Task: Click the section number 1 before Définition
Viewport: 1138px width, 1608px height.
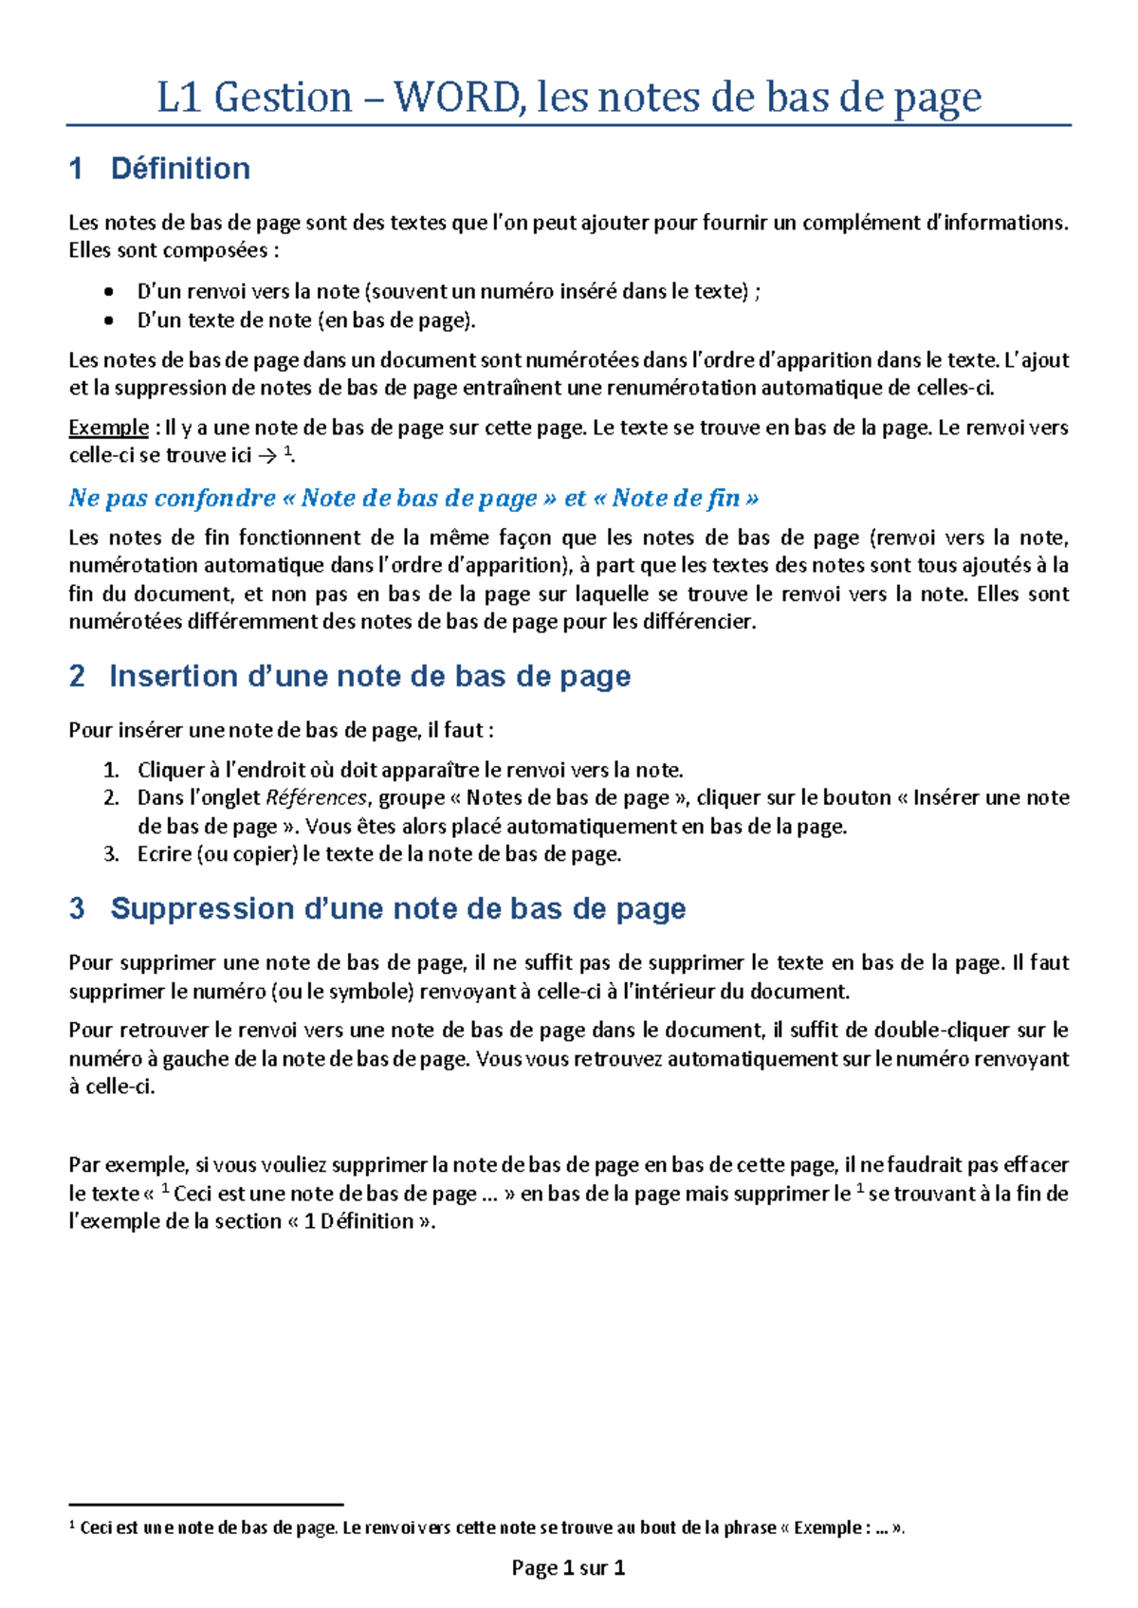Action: (77, 169)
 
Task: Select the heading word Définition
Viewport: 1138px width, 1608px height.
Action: (180, 169)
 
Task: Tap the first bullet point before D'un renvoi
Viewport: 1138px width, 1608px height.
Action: (110, 292)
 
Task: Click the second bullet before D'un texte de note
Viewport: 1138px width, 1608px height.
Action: (110, 320)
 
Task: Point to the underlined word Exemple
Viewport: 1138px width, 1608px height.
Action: (108, 428)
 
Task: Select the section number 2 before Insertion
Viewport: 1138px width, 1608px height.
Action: (77, 676)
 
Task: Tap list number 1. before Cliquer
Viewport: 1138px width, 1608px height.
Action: (111, 770)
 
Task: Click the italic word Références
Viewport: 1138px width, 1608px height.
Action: (316, 797)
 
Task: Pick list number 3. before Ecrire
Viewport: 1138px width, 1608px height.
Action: (111, 854)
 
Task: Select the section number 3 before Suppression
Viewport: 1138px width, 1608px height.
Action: (77, 908)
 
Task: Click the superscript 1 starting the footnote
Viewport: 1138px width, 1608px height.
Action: (73, 1526)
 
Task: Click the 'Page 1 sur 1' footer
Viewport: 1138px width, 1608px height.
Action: (568, 1568)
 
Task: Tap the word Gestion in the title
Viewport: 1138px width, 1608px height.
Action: (283, 97)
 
